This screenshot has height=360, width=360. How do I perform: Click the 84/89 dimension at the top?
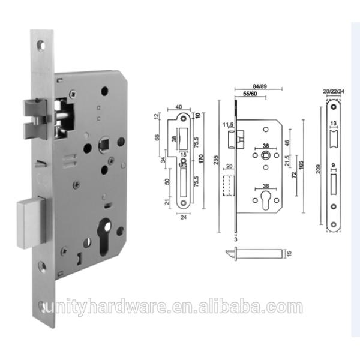coord(260,86)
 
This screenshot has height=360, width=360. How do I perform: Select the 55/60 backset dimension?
coord(251,95)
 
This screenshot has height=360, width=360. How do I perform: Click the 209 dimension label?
coord(318,170)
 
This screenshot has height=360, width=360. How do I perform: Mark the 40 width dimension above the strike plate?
coord(179,108)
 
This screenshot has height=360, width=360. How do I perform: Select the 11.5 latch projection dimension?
coord(227,125)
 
